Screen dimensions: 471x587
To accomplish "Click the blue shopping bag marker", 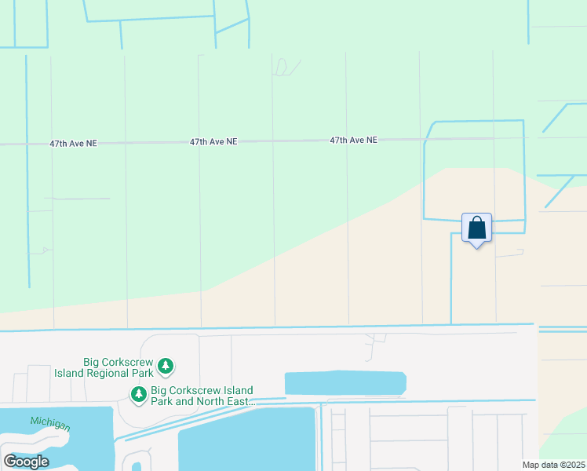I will click(476, 228).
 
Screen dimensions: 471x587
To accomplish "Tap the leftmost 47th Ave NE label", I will click(73, 144).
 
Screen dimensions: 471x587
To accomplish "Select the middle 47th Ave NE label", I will click(213, 142).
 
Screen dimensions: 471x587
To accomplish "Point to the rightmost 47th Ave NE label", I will click(353, 140).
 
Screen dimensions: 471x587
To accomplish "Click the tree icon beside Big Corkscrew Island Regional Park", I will click(166, 366).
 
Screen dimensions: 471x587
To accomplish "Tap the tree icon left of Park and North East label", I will click(139, 393).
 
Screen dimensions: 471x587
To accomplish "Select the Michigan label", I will click(50, 424).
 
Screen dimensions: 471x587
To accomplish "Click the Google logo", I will click(26, 462).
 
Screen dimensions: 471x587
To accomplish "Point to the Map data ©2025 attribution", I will click(553, 465).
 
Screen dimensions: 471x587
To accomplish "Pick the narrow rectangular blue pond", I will click(345, 383).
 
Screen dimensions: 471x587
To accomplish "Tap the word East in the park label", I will click(244, 402).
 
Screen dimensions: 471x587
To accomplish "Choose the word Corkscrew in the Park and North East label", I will click(193, 390).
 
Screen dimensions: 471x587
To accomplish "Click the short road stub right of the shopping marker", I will click(510, 254).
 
